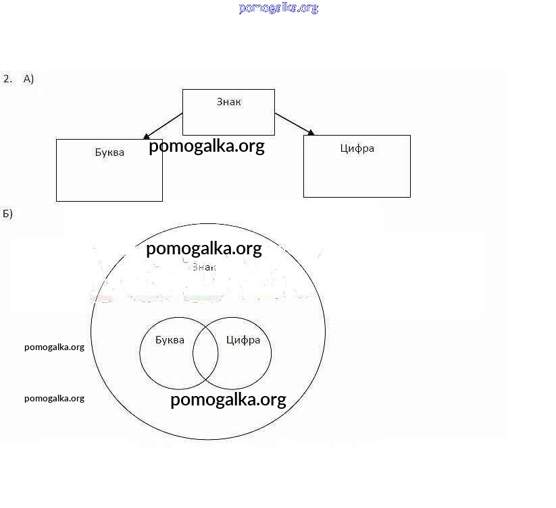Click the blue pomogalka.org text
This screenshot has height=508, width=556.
(x=278, y=8)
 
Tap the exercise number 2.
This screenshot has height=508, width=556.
(x=7, y=79)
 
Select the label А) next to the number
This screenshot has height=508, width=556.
(x=28, y=79)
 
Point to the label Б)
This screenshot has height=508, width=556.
(x=7, y=214)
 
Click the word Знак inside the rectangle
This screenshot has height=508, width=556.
(x=228, y=102)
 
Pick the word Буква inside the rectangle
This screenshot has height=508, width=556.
(x=109, y=152)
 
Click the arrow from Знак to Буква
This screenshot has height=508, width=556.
(x=163, y=126)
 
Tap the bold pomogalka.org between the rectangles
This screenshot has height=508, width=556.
(x=206, y=146)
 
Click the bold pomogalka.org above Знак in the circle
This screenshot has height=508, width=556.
(x=203, y=249)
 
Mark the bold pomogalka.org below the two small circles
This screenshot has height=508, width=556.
(x=228, y=399)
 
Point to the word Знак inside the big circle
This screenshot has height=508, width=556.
(x=203, y=267)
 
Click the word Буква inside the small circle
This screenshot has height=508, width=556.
(x=170, y=340)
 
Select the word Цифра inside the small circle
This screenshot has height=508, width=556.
(x=243, y=340)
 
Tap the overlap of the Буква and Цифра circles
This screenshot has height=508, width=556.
(x=205, y=353)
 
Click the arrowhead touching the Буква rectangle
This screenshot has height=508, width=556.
(x=147, y=136)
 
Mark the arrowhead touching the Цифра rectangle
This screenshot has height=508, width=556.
(x=311, y=132)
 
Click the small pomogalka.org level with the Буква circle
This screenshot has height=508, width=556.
(x=54, y=347)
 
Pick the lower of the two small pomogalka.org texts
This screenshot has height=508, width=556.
(x=54, y=398)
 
